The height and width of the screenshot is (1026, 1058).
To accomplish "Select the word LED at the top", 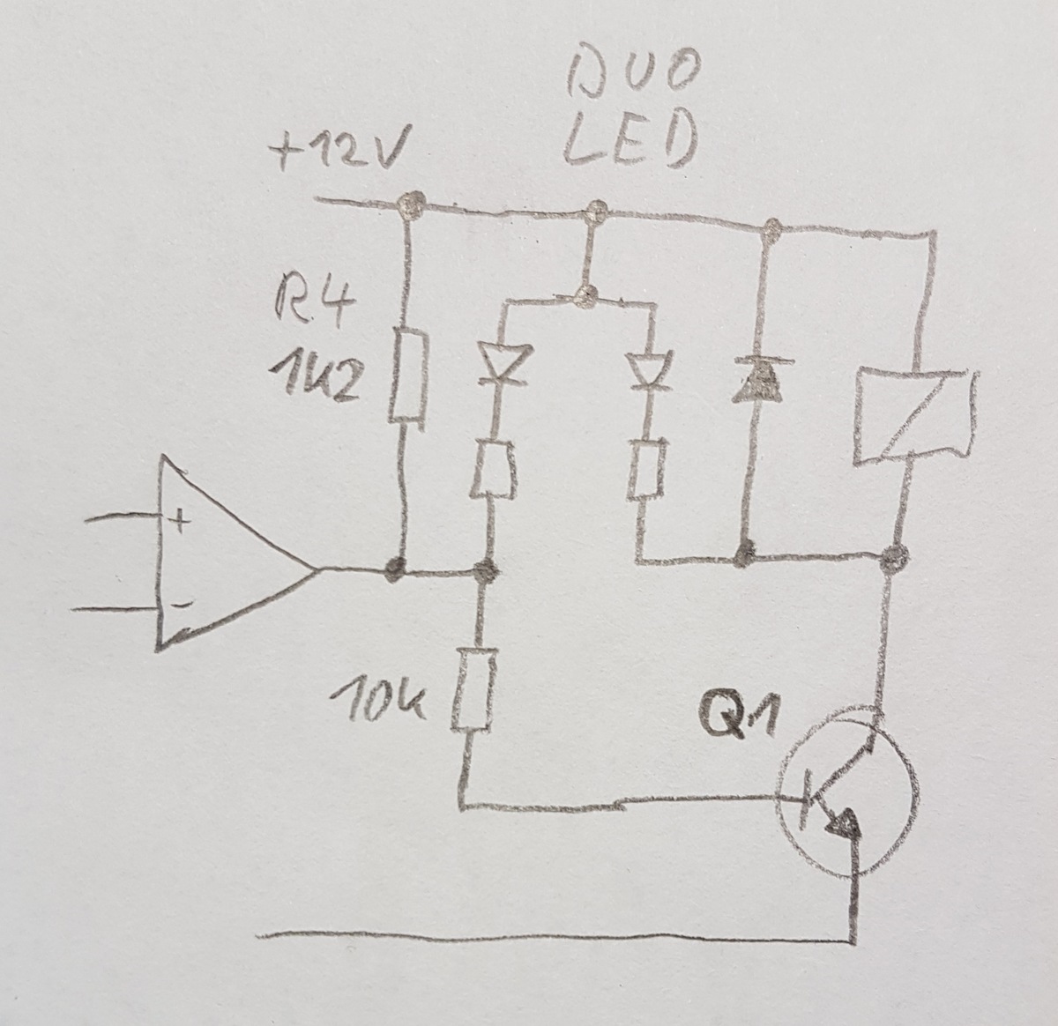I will click(x=629, y=144).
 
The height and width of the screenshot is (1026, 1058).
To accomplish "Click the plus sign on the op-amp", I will click(x=179, y=522).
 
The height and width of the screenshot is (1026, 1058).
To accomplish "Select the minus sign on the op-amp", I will click(x=180, y=606).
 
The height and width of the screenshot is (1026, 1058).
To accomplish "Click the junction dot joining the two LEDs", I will click(x=582, y=296).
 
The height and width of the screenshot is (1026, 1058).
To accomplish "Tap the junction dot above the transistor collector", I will click(x=895, y=556).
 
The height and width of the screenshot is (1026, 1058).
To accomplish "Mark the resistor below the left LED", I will click(x=490, y=471).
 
